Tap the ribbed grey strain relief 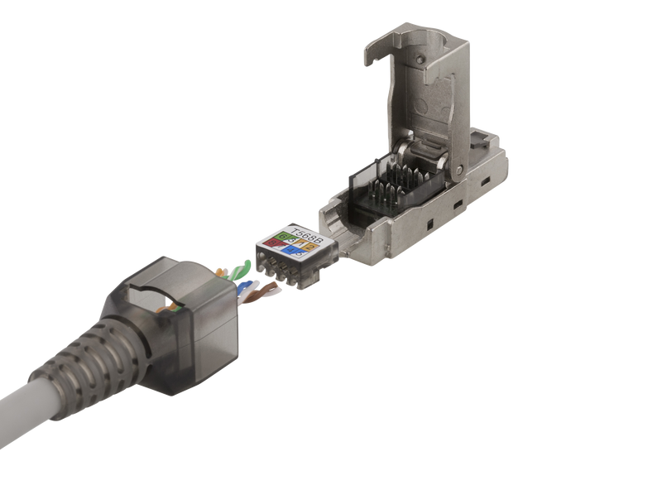point(91,356)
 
